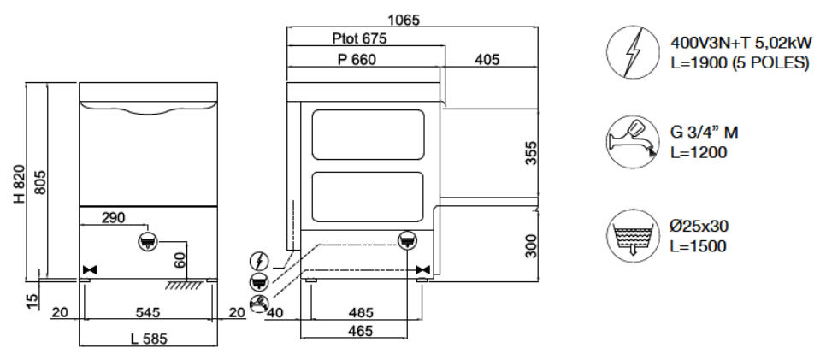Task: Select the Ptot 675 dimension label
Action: (x=359, y=39)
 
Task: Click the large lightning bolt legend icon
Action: (x=627, y=52)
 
